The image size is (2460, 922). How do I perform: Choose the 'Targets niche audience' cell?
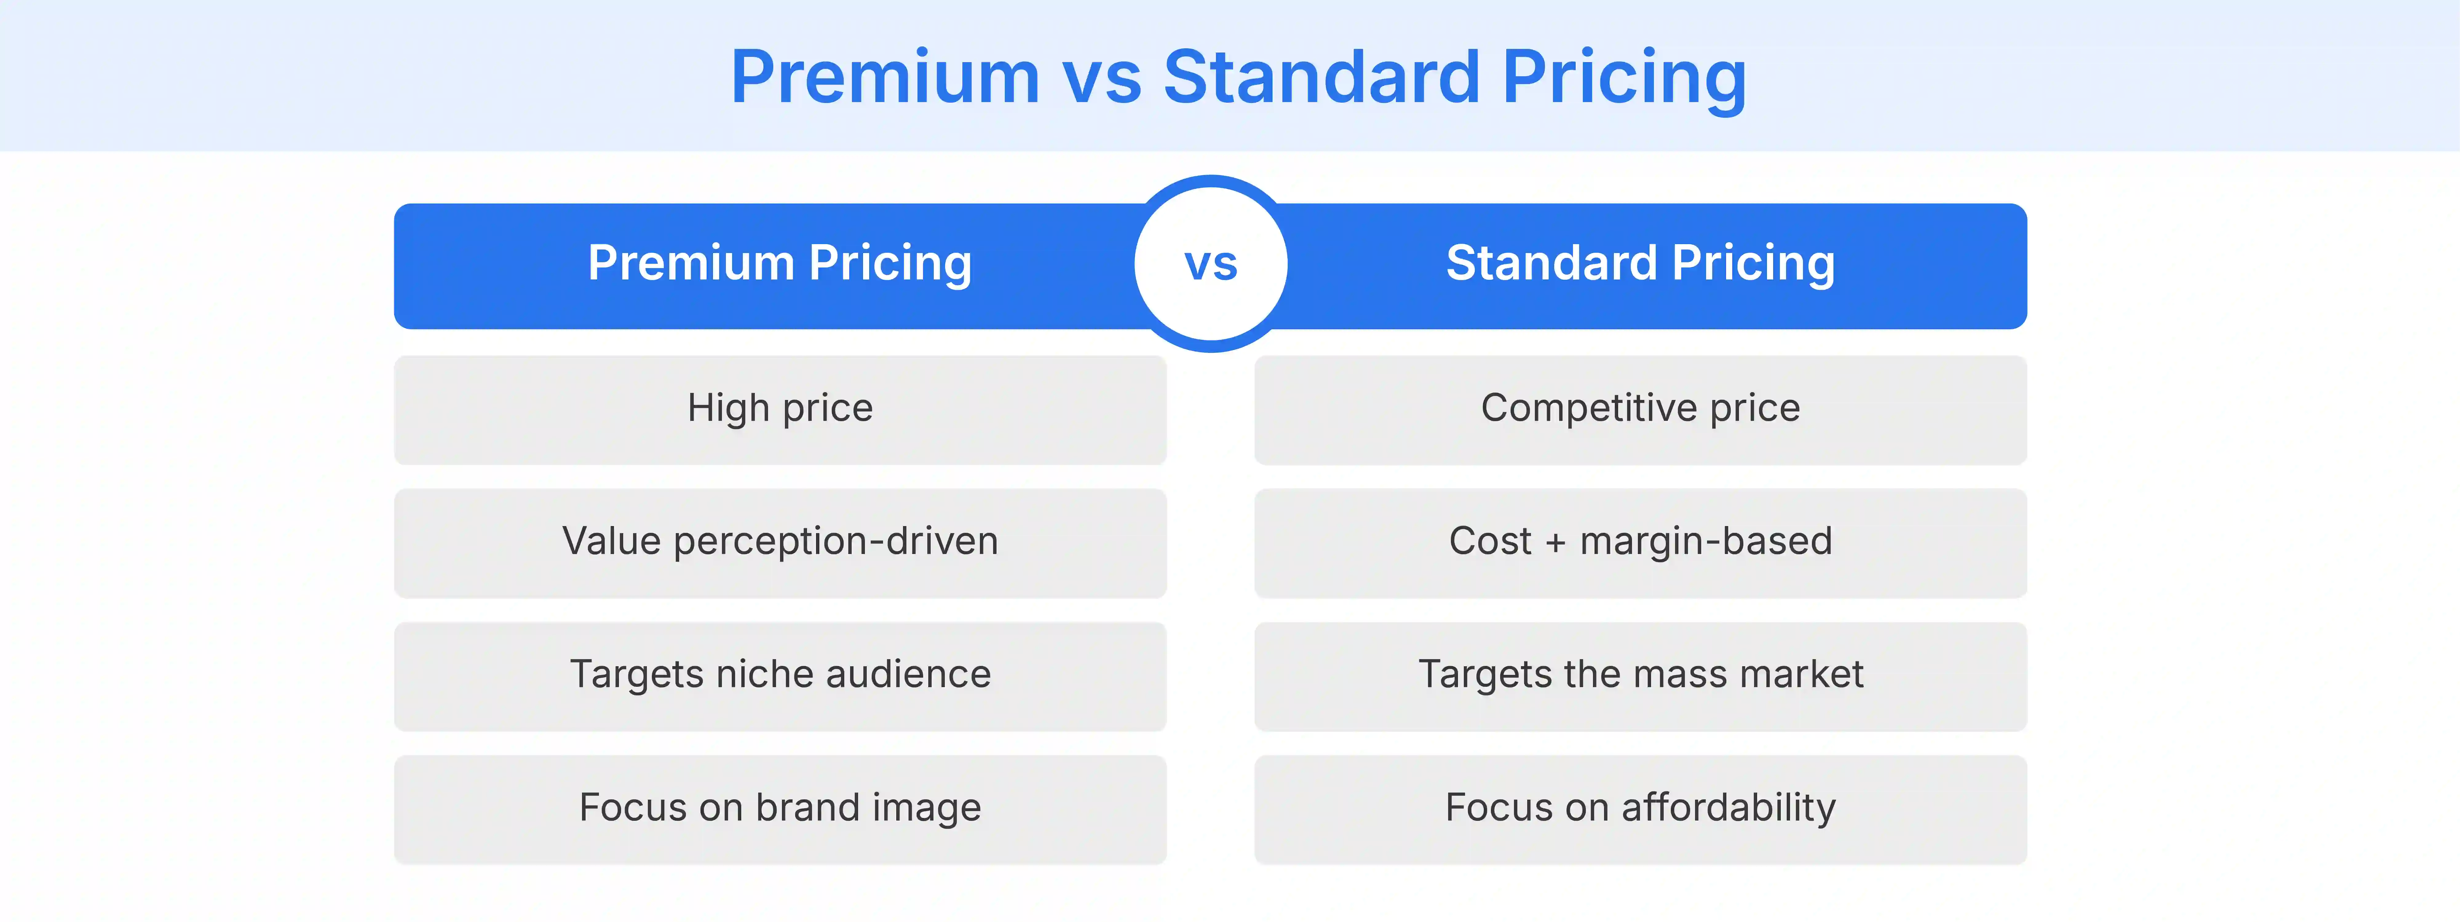[x=780, y=676]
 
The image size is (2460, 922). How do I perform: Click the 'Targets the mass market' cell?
[x=1640, y=676]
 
